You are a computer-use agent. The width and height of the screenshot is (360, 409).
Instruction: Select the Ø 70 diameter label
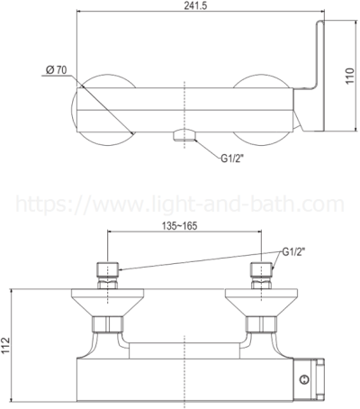(x=58, y=69)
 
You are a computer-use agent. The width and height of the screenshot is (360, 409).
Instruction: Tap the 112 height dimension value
(x=7, y=347)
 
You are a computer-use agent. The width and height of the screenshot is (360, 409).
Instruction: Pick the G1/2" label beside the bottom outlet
(x=236, y=159)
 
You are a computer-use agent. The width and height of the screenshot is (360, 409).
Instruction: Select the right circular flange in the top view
(x=261, y=106)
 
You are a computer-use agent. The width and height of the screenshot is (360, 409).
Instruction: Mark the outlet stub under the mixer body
(x=184, y=135)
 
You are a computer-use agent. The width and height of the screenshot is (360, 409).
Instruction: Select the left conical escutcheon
(x=106, y=303)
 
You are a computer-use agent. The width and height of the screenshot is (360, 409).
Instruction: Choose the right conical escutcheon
(x=261, y=303)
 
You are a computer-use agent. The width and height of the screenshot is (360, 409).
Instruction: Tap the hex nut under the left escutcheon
(x=106, y=324)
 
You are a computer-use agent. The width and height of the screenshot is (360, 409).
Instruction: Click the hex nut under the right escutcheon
(x=261, y=324)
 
